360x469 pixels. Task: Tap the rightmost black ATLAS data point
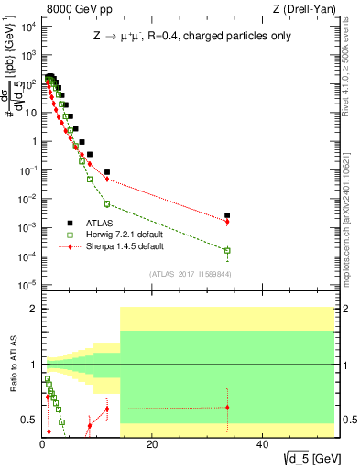point(227,214)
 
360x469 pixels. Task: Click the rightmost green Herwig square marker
point(227,250)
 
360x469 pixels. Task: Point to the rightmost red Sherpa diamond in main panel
point(227,222)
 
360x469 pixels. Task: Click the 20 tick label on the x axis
point(152,446)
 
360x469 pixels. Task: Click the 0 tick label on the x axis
point(42,446)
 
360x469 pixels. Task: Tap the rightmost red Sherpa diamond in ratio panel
point(227,407)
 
